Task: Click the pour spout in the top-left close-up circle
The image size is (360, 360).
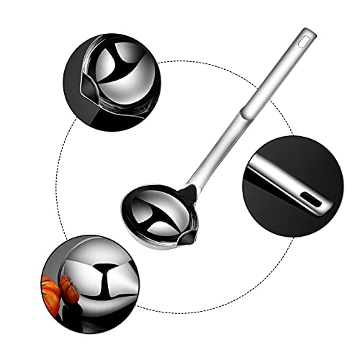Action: pos(81,89)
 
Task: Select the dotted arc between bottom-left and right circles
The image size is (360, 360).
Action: pos(216,302)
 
